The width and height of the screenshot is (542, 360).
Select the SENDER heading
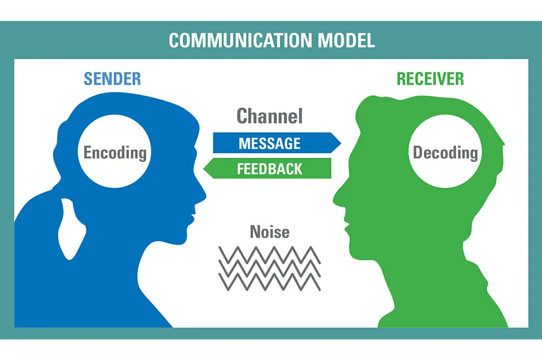[x=112, y=79]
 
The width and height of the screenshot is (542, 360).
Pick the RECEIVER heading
[x=430, y=79]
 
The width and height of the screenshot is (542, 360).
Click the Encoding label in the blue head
[x=115, y=152]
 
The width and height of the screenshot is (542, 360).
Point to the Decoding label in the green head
[x=446, y=152]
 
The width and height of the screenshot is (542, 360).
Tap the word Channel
[x=269, y=115]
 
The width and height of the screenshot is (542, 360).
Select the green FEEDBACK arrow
[x=269, y=169]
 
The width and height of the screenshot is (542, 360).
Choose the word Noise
[x=269, y=232]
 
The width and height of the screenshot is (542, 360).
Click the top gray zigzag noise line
[x=269, y=253]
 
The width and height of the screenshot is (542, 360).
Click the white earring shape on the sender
[x=70, y=228]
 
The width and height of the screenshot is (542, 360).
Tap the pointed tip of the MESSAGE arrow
[x=339, y=143]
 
